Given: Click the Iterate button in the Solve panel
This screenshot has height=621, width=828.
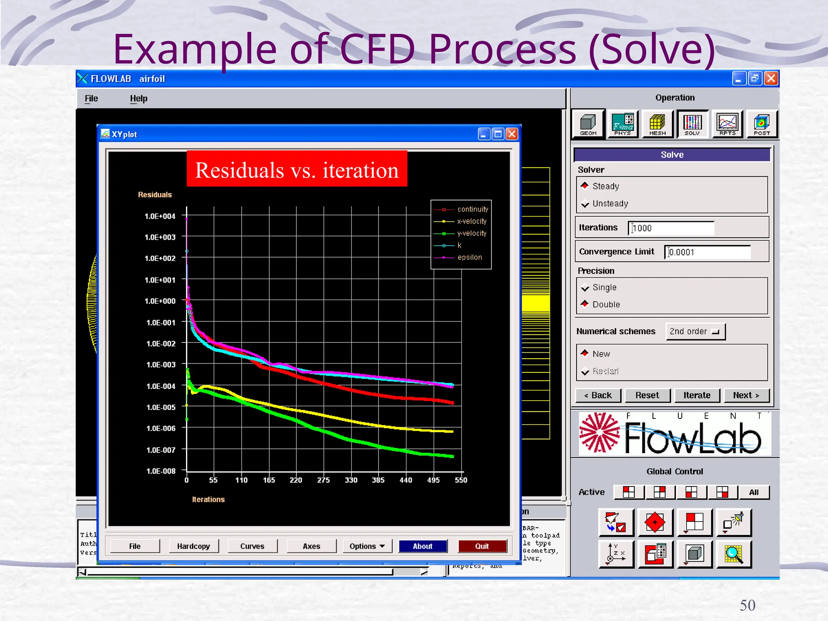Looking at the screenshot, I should tap(697, 395).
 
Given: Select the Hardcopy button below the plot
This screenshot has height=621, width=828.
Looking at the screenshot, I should tap(193, 546).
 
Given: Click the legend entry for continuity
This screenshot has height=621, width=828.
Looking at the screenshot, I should tap(472, 209).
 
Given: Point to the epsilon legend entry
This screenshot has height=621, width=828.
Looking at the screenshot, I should tap(469, 257).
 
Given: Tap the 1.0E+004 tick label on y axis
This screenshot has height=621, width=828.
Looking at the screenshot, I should tap(160, 216).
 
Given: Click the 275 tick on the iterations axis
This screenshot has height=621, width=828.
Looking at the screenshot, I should tap(323, 480).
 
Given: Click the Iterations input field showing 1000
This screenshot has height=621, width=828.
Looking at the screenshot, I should tap(671, 228).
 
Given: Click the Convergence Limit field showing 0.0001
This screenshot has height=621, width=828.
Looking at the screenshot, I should tap(708, 252).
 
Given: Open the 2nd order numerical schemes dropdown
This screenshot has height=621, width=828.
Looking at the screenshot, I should tap(695, 332).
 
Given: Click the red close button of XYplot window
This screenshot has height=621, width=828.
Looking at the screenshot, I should tap(512, 134).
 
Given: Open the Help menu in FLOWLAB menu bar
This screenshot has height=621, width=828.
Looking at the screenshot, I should tap(139, 98).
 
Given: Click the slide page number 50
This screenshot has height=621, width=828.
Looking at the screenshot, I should tap(748, 605).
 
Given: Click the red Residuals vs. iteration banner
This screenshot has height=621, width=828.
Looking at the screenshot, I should tap(297, 169).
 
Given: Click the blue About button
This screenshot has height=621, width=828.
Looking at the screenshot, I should tap(422, 546).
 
